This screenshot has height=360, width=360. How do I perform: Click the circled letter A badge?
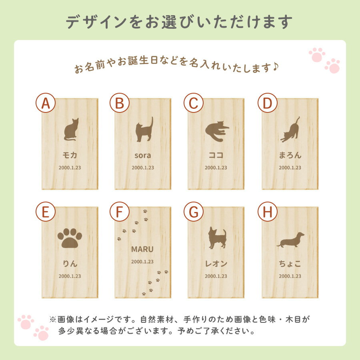pyautogui.click(x=46, y=103)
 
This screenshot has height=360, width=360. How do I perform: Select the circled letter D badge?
pyautogui.click(x=268, y=103)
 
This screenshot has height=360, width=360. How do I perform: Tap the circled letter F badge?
pyautogui.click(x=119, y=212)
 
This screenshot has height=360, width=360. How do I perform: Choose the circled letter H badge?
pyautogui.click(x=268, y=212)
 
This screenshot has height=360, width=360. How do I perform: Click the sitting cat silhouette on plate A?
pyautogui.click(x=71, y=130)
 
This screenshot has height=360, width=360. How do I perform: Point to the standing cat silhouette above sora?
pyautogui.click(x=144, y=129)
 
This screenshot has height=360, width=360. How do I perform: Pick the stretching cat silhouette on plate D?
pyautogui.click(x=290, y=130)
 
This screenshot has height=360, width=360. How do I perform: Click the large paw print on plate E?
pyautogui.click(x=70, y=238)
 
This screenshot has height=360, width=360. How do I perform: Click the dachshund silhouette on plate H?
pyautogui.click(x=290, y=240)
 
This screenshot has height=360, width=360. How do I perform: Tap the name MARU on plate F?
pyautogui.click(x=142, y=249)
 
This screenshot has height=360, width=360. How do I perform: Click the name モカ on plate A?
pyautogui.click(x=70, y=155)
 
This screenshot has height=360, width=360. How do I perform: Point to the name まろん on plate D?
pyautogui.click(x=290, y=155)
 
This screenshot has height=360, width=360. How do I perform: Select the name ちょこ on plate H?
pyautogui.click(x=290, y=264)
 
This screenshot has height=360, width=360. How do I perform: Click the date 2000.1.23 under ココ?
pyautogui.click(x=216, y=168)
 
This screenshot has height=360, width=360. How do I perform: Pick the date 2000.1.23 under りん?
pyautogui.click(x=70, y=276)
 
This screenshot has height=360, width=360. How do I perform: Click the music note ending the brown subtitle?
pyautogui.click(x=276, y=67)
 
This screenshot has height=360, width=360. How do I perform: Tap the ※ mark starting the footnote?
pyautogui.click(x=52, y=319)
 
